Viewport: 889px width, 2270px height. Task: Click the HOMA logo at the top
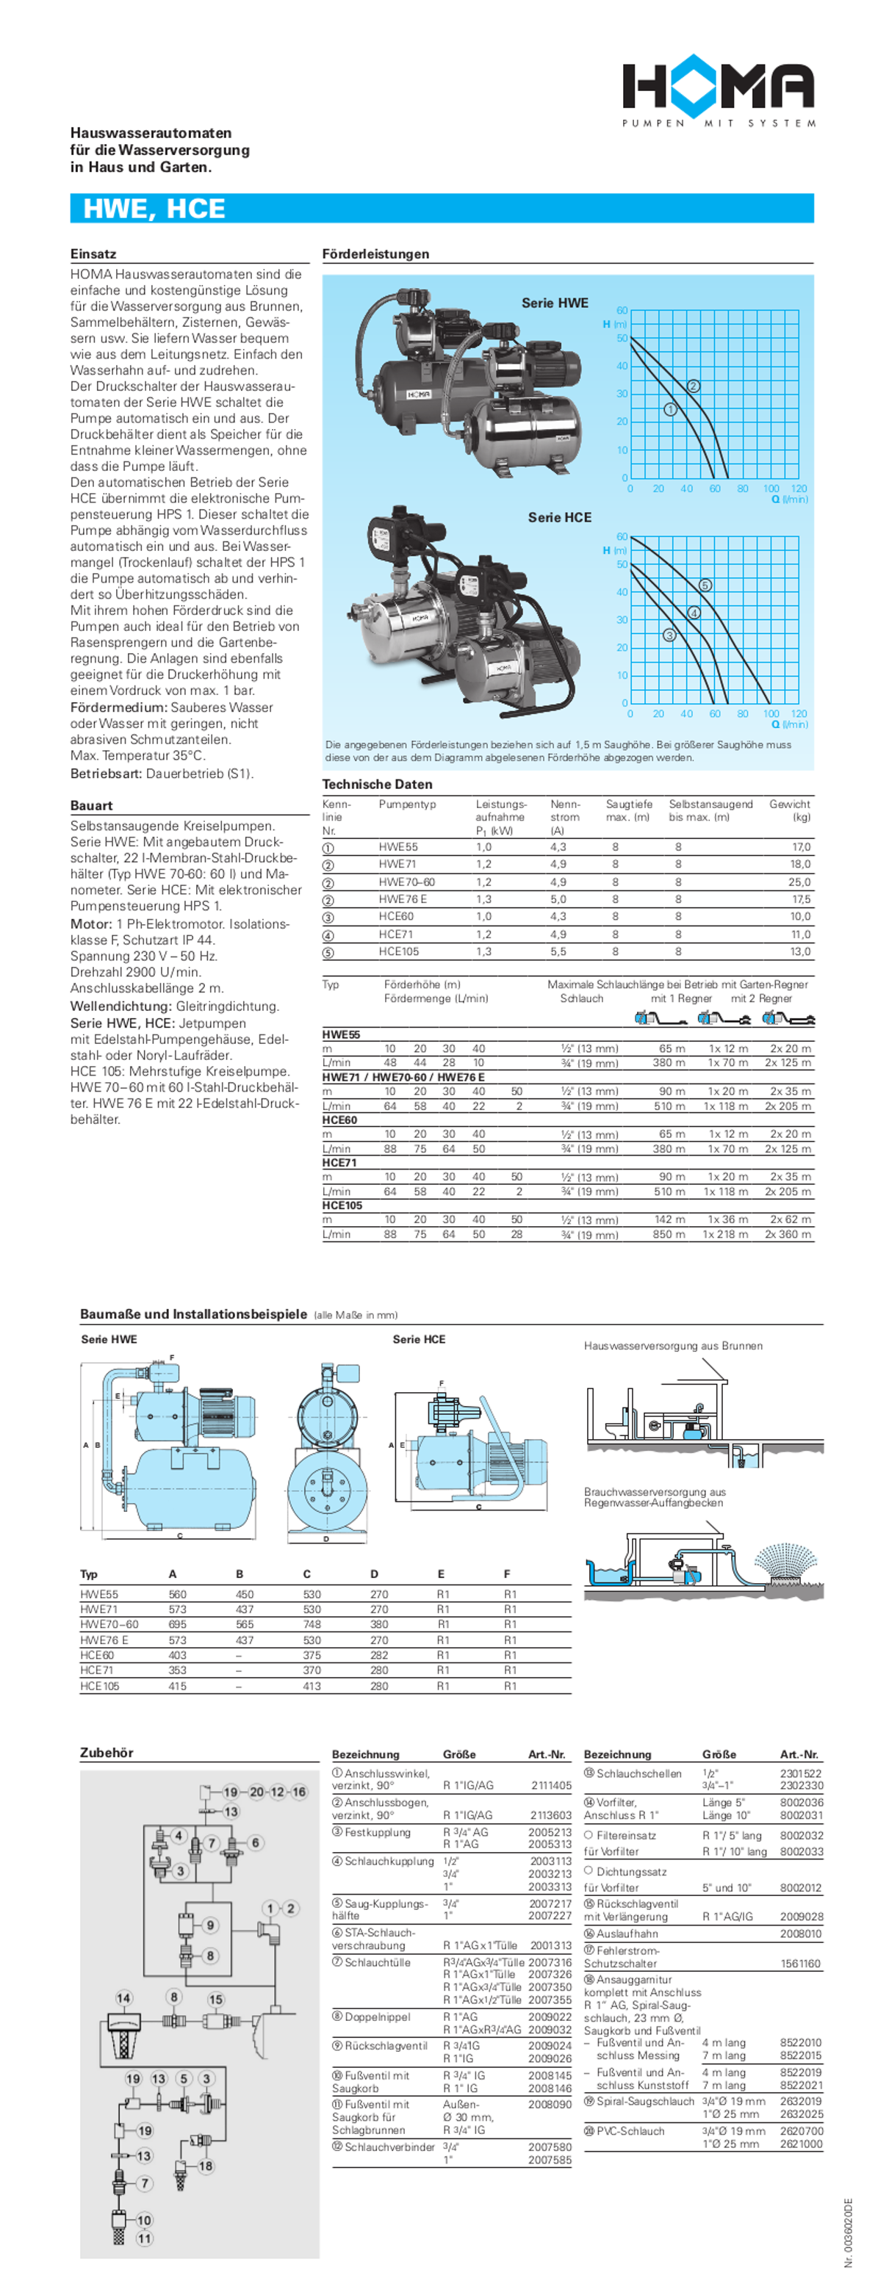click(x=718, y=89)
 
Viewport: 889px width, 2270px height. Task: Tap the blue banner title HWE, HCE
click(x=154, y=209)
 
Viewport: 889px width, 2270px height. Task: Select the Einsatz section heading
click(x=93, y=253)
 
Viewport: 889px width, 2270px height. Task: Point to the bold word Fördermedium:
click(x=118, y=707)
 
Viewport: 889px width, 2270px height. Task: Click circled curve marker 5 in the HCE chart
click(x=705, y=585)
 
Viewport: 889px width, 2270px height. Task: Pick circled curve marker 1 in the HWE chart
click(x=669, y=409)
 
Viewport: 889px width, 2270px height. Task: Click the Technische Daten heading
click(x=377, y=785)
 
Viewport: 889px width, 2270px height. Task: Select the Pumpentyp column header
click(x=407, y=804)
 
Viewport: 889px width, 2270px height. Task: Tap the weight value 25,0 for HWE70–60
click(x=799, y=882)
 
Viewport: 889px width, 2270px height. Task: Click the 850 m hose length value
click(x=669, y=1235)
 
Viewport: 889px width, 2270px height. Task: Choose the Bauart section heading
click(x=92, y=805)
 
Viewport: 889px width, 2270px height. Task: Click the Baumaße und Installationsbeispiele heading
click(x=193, y=1314)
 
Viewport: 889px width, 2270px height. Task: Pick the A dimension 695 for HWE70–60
click(x=177, y=1624)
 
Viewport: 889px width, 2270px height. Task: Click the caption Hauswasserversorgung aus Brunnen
click(x=673, y=1346)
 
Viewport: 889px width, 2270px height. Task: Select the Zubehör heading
click(x=107, y=1753)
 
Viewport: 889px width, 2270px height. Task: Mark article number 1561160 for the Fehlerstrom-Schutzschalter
click(x=800, y=1964)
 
